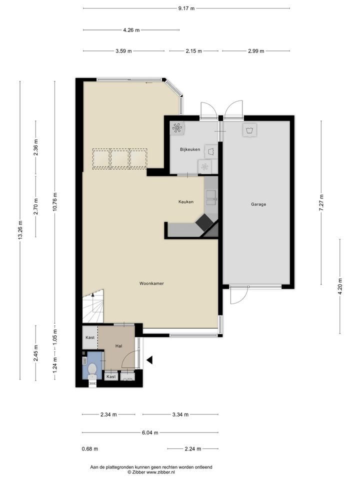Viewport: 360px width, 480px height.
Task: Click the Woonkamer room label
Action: coord(151,283)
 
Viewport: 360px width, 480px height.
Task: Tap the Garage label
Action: coord(258,204)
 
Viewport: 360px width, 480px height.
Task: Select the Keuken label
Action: coord(186,201)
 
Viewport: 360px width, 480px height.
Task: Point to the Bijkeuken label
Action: coord(190,149)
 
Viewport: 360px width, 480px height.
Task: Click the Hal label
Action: coord(119,346)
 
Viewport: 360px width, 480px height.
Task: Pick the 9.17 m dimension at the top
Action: coord(186,8)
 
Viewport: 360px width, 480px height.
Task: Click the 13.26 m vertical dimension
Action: coord(20,230)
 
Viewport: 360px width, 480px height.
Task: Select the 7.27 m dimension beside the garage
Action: coord(321,202)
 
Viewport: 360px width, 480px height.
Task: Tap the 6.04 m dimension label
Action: coord(150,432)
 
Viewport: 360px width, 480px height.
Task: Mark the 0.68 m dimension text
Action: coord(90,449)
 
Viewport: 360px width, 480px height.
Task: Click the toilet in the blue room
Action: coord(92,371)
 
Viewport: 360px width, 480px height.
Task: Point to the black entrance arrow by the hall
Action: coord(149,360)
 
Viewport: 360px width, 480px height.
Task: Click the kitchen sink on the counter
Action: coord(211,197)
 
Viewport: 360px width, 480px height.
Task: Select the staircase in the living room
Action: coord(93,306)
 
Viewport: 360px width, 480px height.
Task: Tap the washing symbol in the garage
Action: coord(249,130)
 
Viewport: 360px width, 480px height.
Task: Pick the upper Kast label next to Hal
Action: coord(90,337)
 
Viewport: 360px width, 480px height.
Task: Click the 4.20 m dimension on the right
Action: coord(340,286)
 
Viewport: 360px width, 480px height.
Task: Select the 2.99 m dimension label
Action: coord(256,51)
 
